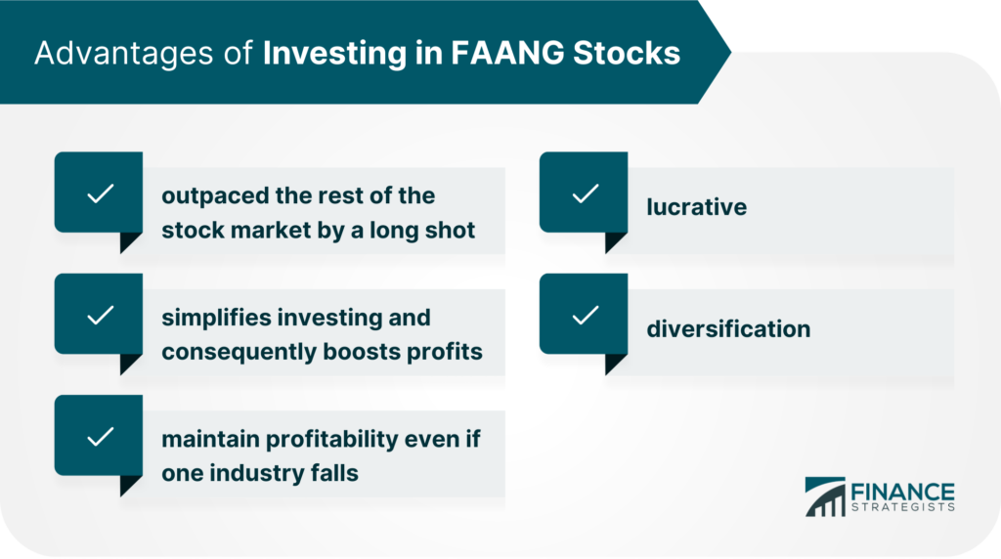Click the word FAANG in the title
[507, 53]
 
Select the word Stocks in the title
[627, 53]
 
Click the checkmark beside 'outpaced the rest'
[101, 193]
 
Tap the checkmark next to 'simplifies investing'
[101, 316]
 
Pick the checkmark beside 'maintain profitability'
[101, 437]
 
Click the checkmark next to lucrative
[586, 193]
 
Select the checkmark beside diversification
[586, 316]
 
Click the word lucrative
[696, 207]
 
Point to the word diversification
[728, 328]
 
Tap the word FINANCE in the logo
[902, 492]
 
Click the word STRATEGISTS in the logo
[902, 507]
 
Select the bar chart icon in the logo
[825, 496]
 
